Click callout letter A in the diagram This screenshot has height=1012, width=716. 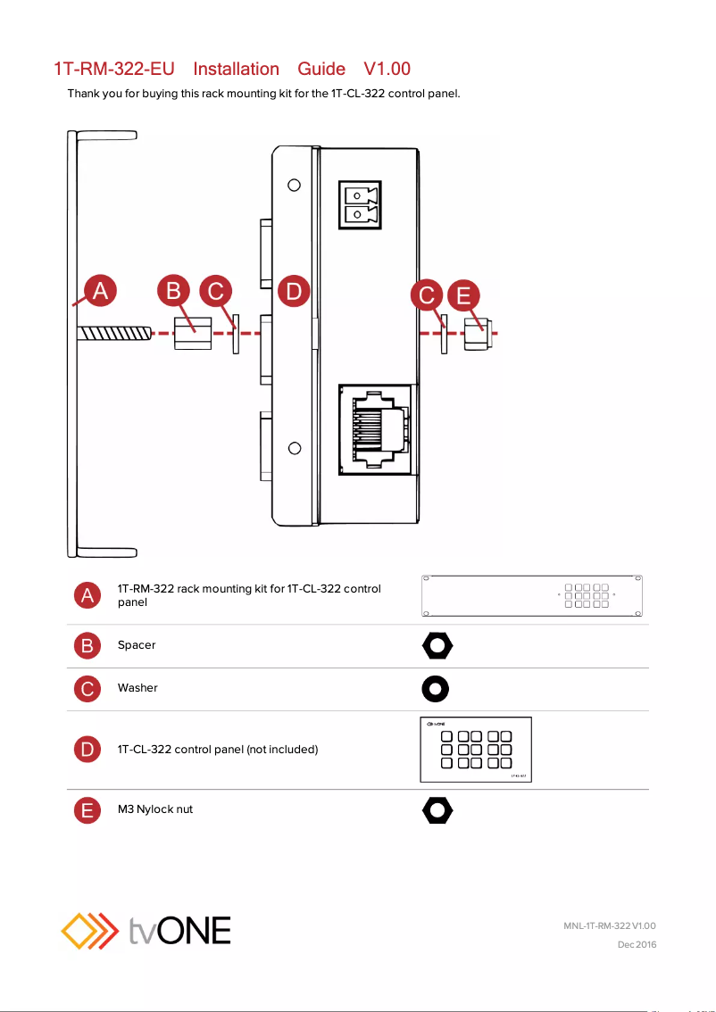(100, 292)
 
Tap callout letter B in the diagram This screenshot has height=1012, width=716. (174, 292)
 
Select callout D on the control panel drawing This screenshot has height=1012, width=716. (294, 292)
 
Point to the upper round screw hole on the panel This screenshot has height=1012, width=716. (294, 186)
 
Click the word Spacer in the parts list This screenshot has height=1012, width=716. (137, 644)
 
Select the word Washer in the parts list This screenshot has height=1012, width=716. (137, 688)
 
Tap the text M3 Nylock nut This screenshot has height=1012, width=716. (155, 809)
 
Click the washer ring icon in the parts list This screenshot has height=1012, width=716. (436, 688)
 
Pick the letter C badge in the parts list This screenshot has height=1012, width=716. (87, 688)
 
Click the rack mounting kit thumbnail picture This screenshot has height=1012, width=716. (533, 596)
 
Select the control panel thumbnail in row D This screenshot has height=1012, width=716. (476, 750)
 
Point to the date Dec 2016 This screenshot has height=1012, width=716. (637, 944)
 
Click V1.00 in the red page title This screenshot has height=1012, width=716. (387, 69)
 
